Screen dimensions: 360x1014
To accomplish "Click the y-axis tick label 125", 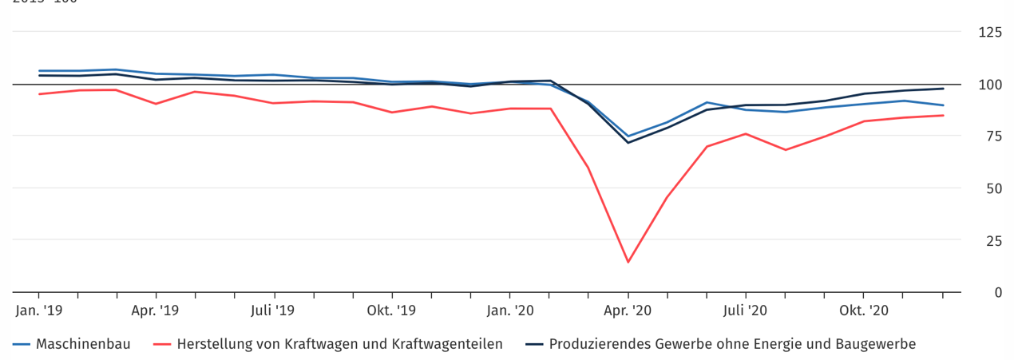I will [x=990, y=33].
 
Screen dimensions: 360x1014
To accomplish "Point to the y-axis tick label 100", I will [x=990, y=85].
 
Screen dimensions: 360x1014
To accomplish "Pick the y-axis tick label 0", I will [x=997, y=292].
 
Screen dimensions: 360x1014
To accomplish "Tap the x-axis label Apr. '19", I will [x=156, y=310].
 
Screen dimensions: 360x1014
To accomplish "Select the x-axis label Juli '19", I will [x=274, y=310].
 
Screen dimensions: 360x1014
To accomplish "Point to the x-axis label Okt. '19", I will [x=391, y=310].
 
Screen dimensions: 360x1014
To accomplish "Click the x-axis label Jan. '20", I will [x=510, y=310].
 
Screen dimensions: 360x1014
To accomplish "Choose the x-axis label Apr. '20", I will [x=628, y=310].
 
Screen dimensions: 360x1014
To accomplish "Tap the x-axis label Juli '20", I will [x=746, y=310].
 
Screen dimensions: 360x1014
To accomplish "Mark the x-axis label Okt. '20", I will [x=864, y=310].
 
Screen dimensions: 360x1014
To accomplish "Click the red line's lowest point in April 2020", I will [x=628, y=262].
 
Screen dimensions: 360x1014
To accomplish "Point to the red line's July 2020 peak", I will [x=746, y=133].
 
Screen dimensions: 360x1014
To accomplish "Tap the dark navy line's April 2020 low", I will [x=628, y=142].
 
